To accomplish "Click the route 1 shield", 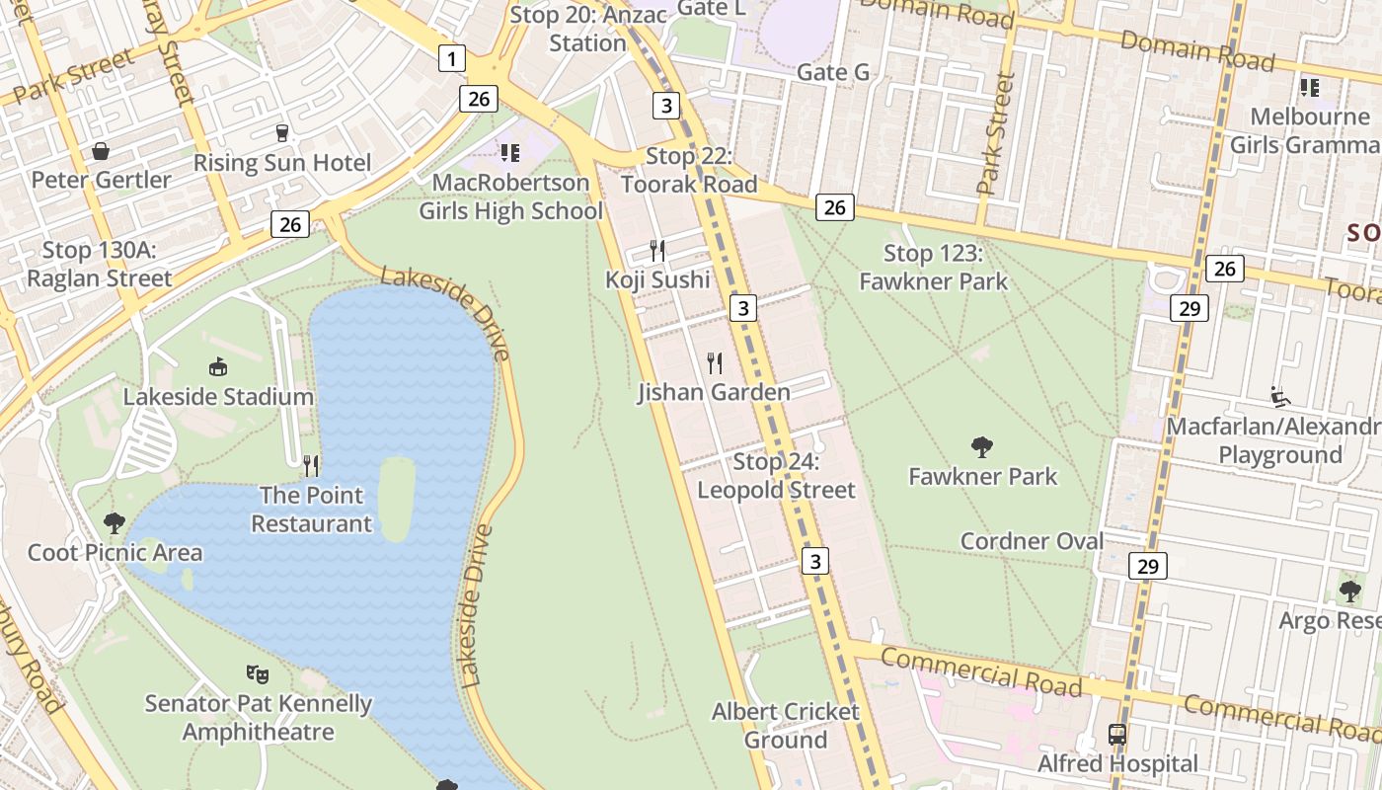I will coord(451,59).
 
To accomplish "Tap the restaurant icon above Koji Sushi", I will coord(657,250).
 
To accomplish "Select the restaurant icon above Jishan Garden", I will coord(715,363).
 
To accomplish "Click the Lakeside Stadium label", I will coord(218,397).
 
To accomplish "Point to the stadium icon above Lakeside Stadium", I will coord(218,367).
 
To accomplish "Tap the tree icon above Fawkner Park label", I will coord(981,447).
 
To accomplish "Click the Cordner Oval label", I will coord(1032,541).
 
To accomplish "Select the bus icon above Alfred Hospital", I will coord(1117,735).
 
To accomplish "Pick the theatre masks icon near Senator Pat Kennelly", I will coord(258,673).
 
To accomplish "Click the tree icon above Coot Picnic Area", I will coord(115,522).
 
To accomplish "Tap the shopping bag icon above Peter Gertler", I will coord(101,151).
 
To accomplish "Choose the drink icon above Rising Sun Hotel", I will coord(282,132).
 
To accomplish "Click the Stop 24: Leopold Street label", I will coord(776,476).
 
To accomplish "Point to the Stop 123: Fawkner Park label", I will coord(933,268).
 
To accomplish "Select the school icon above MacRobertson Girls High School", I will coord(509,152).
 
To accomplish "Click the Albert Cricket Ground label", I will coord(785,725).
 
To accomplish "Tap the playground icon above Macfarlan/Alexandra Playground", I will coord(1280,397).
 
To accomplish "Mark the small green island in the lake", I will coord(396,499).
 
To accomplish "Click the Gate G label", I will coord(832,72).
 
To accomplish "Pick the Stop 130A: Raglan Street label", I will coord(99,264).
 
